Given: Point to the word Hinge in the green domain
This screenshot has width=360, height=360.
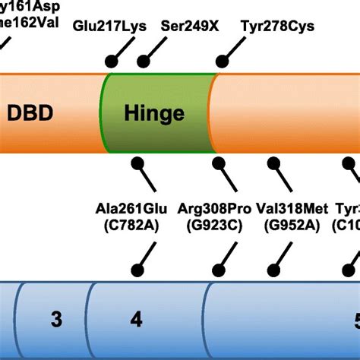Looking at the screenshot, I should click(154, 114).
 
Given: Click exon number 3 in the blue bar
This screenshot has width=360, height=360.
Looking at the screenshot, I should click(56, 320).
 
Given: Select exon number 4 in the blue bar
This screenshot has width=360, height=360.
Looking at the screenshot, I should click(136, 320).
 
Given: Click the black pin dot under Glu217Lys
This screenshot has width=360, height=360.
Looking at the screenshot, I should click(112, 62).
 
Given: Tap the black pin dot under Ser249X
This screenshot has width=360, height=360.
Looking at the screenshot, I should click(142, 62).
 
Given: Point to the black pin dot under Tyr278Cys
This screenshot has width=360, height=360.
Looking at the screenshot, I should click(222, 62).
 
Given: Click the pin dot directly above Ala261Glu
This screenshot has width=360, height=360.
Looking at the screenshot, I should click(137, 162).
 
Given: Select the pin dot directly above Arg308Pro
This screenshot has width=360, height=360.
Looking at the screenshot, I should click(218, 162).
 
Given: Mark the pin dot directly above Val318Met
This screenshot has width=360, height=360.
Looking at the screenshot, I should click(272, 162).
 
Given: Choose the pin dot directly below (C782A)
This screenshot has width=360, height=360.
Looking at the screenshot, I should click(137, 269).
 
